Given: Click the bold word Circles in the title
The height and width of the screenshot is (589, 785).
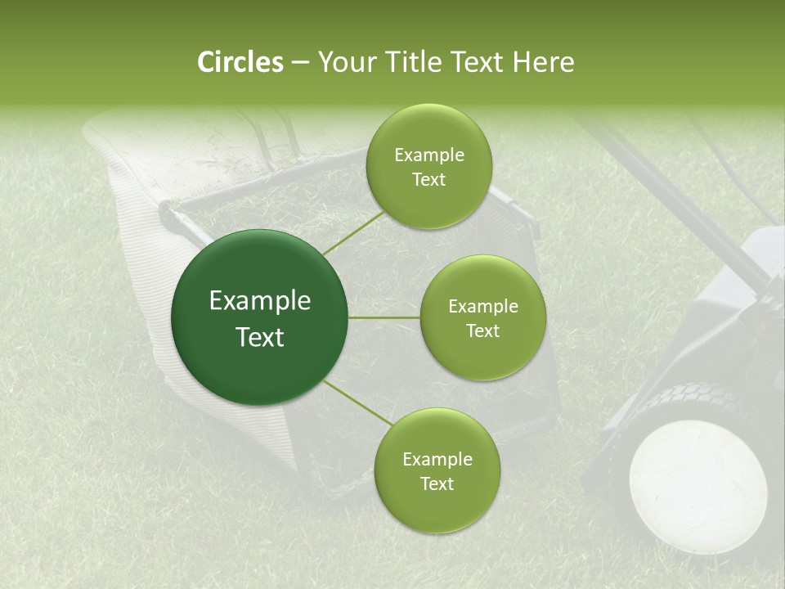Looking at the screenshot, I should [240, 62].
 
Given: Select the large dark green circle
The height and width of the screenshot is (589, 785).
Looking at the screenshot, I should [259, 317].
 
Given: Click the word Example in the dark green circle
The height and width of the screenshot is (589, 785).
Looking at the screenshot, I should [259, 301].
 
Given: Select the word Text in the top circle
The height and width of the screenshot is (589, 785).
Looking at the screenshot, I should [428, 180].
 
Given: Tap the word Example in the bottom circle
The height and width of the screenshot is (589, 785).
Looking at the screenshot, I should [437, 460].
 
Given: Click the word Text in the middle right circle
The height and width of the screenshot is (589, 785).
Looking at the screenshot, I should [482, 331].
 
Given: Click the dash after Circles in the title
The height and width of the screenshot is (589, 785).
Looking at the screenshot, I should [299, 63].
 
